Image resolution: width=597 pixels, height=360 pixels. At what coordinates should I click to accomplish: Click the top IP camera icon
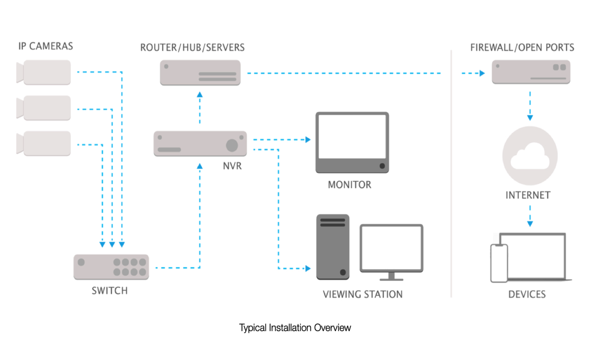coord(45,72)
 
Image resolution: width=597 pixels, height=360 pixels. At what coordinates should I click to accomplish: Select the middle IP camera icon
coord(45,108)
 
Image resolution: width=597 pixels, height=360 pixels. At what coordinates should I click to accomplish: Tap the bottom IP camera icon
coord(45,143)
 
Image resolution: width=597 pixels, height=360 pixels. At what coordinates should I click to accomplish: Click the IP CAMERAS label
coord(46,46)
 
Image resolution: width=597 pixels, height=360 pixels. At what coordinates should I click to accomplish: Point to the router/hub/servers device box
coord(200,73)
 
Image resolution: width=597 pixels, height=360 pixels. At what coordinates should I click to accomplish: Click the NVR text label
coord(232,166)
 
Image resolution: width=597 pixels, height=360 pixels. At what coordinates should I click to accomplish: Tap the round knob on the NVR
coord(232,145)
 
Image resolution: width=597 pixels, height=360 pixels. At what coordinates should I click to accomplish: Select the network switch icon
coord(111,267)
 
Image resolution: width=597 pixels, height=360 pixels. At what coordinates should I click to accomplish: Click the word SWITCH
coord(110,291)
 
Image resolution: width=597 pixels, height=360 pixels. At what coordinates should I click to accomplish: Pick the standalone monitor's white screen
coord(352,137)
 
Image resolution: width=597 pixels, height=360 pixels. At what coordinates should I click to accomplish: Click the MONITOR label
coord(350,185)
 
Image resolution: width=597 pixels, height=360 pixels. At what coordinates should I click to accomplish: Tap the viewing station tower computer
coord(333,247)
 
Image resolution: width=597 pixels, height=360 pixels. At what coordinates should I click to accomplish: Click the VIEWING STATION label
coord(363,294)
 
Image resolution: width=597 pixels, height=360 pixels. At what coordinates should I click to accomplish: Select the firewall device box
coord(531,72)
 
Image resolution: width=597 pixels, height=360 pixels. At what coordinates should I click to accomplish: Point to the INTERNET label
coord(528,195)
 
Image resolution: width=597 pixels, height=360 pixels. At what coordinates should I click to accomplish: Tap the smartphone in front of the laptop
coord(499,263)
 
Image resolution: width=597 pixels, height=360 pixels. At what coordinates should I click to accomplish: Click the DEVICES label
coord(527,294)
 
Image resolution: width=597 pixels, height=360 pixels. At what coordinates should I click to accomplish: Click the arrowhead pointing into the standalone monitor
coord(308,140)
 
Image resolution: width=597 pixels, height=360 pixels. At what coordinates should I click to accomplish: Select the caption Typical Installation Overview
coord(295,328)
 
